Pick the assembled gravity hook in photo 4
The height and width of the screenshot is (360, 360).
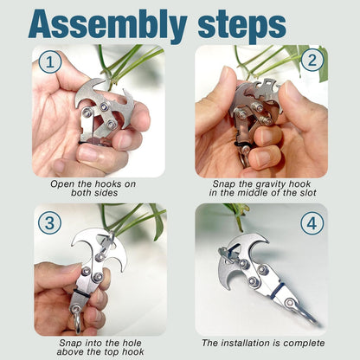coord(255,268)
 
